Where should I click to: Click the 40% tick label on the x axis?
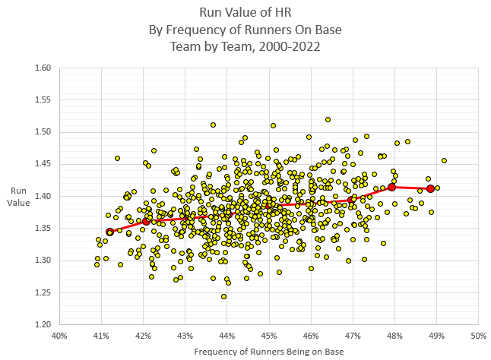pos(59,335)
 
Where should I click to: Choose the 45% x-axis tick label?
pos(268,335)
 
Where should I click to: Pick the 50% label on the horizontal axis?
pos(478,335)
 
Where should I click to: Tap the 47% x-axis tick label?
pos(353,335)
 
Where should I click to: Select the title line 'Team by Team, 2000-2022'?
pos(245,46)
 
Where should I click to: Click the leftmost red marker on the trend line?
pos(109,232)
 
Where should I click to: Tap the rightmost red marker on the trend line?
pos(430,188)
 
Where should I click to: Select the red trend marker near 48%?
pos(392,187)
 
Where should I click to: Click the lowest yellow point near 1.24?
pos(223,296)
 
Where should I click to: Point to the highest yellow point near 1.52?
pos(328,119)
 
